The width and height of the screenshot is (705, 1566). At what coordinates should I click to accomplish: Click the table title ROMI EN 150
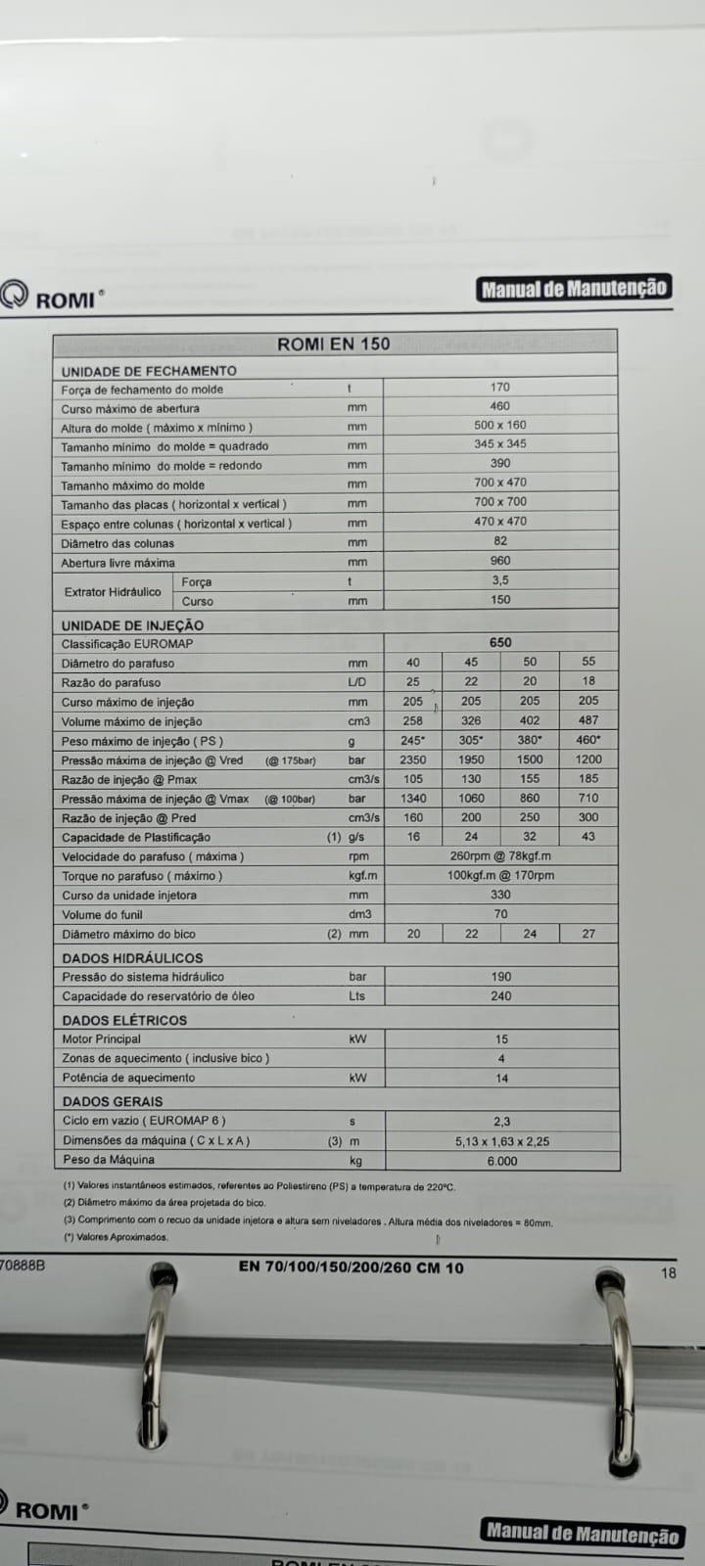click(x=333, y=344)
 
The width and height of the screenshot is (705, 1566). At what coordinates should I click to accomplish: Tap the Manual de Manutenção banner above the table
click(x=575, y=288)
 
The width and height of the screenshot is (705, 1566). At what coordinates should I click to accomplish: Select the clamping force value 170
click(x=499, y=388)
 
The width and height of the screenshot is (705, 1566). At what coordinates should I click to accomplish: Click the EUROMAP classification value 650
click(x=499, y=643)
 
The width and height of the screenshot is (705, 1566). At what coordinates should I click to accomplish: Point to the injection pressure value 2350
click(x=412, y=760)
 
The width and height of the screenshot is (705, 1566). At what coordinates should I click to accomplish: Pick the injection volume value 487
click(x=587, y=720)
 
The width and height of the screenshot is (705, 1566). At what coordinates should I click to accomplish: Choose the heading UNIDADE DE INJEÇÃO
click(x=132, y=625)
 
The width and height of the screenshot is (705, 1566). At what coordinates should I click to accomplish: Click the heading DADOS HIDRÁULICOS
click(x=132, y=958)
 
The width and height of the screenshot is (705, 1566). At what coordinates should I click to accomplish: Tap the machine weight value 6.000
click(x=501, y=1161)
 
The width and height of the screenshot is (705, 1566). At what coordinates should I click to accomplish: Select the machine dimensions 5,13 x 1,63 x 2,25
click(x=501, y=1141)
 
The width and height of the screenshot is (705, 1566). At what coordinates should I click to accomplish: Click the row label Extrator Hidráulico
click(x=113, y=592)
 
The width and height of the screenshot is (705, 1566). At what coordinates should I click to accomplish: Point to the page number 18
click(x=669, y=1273)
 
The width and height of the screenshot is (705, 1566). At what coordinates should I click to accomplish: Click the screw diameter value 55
click(x=587, y=663)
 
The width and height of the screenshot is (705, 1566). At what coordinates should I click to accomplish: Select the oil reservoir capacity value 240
click(x=500, y=996)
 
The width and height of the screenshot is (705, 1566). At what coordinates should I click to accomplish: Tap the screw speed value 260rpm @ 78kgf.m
click(x=500, y=856)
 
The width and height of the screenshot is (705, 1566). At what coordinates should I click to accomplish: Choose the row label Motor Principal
click(x=101, y=1039)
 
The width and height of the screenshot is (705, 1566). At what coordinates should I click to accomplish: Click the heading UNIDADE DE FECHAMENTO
click(x=149, y=371)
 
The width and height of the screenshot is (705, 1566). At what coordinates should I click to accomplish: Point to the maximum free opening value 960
click(x=499, y=562)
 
